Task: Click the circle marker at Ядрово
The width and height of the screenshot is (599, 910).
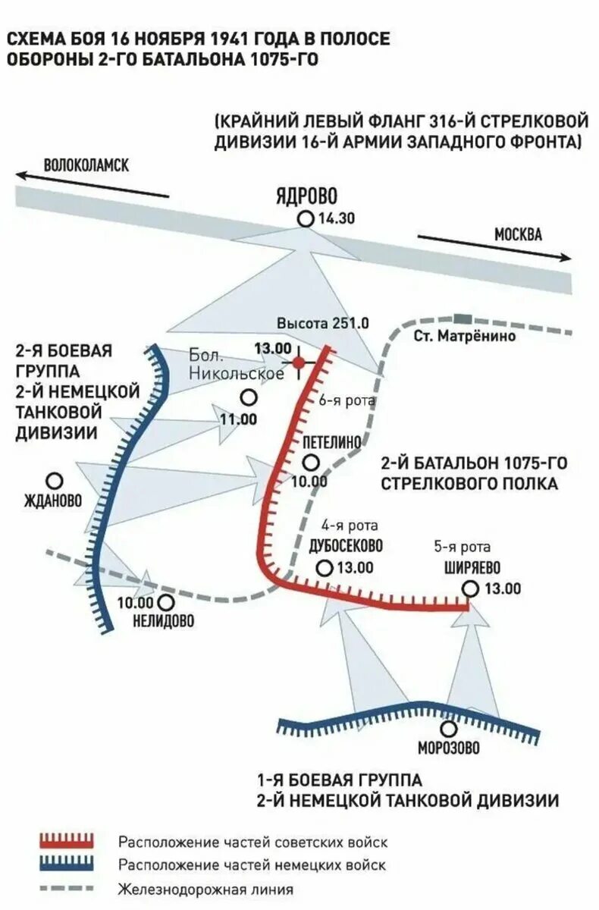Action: (x=306, y=219)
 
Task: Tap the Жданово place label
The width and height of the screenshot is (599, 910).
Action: (x=53, y=501)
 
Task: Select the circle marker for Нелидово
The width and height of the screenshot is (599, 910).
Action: (x=166, y=602)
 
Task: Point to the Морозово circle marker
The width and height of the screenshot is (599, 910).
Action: (x=449, y=729)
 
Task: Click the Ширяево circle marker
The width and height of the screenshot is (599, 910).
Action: (x=471, y=588)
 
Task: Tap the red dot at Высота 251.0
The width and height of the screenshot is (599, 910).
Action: (x=299, y=363)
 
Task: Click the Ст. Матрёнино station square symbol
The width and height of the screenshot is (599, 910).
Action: (x=462, y=319)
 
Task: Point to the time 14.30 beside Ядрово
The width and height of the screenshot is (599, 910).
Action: (x=337, y=219)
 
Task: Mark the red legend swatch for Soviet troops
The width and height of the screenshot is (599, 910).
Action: (x=67, y=841)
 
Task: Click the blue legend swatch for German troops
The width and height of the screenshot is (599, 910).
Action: (x=67, y=864)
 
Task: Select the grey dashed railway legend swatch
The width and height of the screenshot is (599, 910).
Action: (x=67, y=888)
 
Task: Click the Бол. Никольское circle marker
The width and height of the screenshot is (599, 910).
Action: (x=247, y=397)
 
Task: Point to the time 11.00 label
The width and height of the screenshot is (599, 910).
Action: (x=238, y=419)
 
